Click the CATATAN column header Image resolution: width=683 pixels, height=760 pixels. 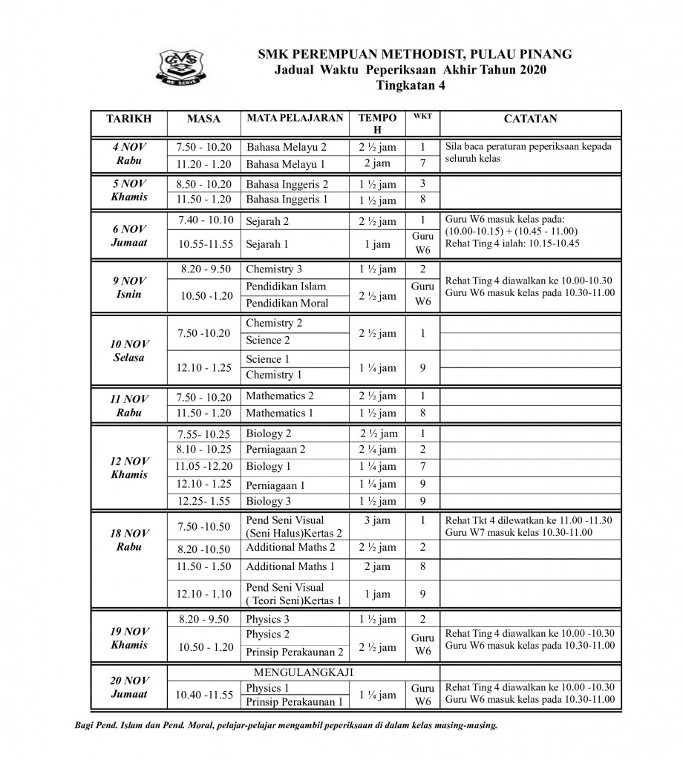[530, 119]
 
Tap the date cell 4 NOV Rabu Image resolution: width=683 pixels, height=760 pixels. [128, 154]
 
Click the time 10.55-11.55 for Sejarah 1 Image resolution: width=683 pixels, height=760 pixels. [205, 243]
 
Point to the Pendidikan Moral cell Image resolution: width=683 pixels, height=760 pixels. [287, 303]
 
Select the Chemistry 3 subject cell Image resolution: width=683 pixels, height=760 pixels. [274, 269]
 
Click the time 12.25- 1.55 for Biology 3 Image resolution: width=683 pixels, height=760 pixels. [204, 501]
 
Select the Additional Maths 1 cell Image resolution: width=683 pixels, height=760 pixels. [290, 566]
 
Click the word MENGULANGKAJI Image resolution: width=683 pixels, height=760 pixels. [304, 672]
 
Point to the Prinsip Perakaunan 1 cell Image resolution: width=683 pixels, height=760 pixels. [294, 701]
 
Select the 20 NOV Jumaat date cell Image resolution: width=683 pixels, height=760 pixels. [128, 687]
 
